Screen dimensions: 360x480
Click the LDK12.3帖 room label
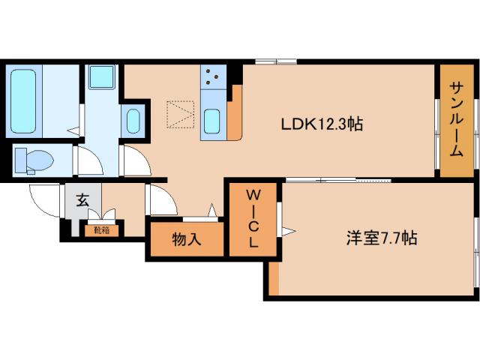pyautogui.click(x=312, y=124)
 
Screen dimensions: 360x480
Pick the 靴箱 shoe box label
pyautogui.click(x=100, y=230)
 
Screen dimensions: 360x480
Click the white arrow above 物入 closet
pyautogui.click(x=212, y=209)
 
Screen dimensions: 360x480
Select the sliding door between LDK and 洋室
pyautogui.click(x=337, y=180)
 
